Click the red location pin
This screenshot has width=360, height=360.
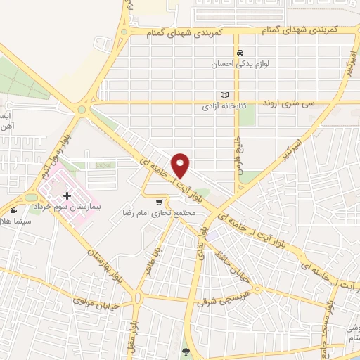tap(181, 165)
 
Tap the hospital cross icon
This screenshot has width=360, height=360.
tap(67, 195)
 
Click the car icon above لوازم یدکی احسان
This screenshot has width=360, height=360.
tap(240, 53)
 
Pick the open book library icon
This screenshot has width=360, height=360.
tap(224, 94)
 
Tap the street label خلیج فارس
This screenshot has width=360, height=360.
tap(240, 150)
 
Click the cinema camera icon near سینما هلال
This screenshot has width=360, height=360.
tap(13, 210)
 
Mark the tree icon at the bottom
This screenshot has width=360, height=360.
tap(186, 353)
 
